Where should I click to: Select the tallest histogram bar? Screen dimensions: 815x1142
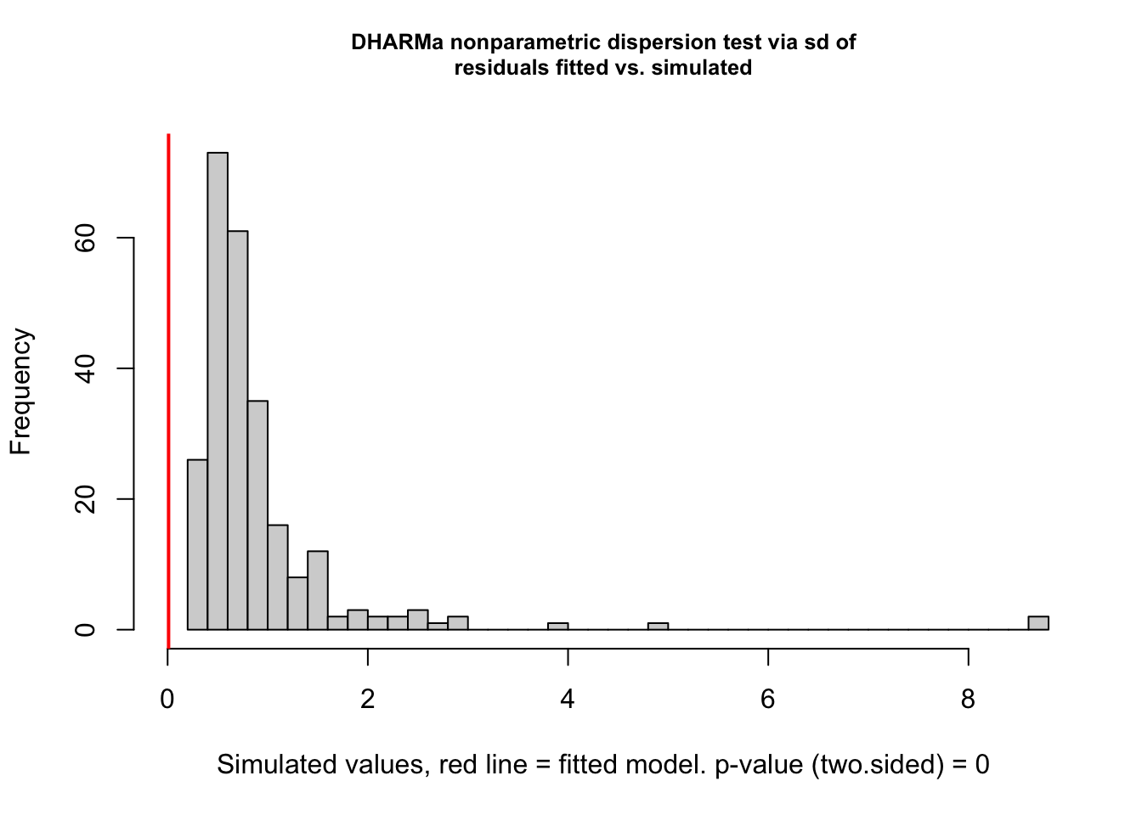pyautogui.click(x=218, y=391)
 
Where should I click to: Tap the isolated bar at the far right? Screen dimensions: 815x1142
pyautogui.click(x=1038, y=623)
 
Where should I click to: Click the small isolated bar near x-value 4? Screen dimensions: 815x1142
pyautogui.click(x=557, y=627)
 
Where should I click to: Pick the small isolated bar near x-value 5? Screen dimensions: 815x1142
pyautogui.click(x=658, y=627)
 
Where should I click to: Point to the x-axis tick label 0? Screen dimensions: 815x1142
pyautogui.click(x=167, y=700)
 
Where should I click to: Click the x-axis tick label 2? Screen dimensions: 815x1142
pyautogui.click(x=368, y=700)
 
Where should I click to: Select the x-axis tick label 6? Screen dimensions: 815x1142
pyautogui.click(x=768, y=700)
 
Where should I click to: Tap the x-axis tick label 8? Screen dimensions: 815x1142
pyautogui.click(x=968, y=700)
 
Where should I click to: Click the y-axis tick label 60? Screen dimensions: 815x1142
pyautogui.click(x=85, y=239)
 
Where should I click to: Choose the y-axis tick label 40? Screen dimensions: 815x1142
pyautogui.click(x=85, y=368)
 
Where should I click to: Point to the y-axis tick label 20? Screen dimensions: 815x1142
pyautogui.click(x=85, y=499)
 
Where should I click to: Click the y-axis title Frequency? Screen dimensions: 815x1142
pyautogui.click(x=21, y=391)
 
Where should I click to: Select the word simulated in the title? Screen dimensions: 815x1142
pyautogui.click(x=702, y=68)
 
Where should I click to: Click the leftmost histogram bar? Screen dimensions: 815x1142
pyautogui.click(x=197, y=544)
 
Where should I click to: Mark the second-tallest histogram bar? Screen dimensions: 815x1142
pyautogui.click(x=238, y=430)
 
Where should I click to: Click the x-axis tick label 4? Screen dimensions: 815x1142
pyautogui.click(x=568, y=700)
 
